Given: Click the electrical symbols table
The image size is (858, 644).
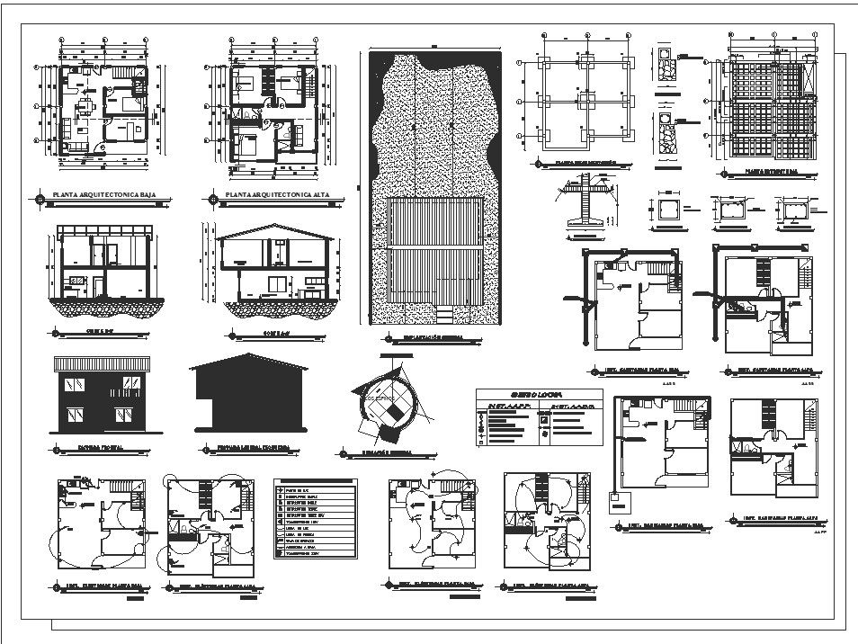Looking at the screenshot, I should point(314,518).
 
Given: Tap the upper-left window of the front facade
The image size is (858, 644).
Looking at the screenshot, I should point(73,385).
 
